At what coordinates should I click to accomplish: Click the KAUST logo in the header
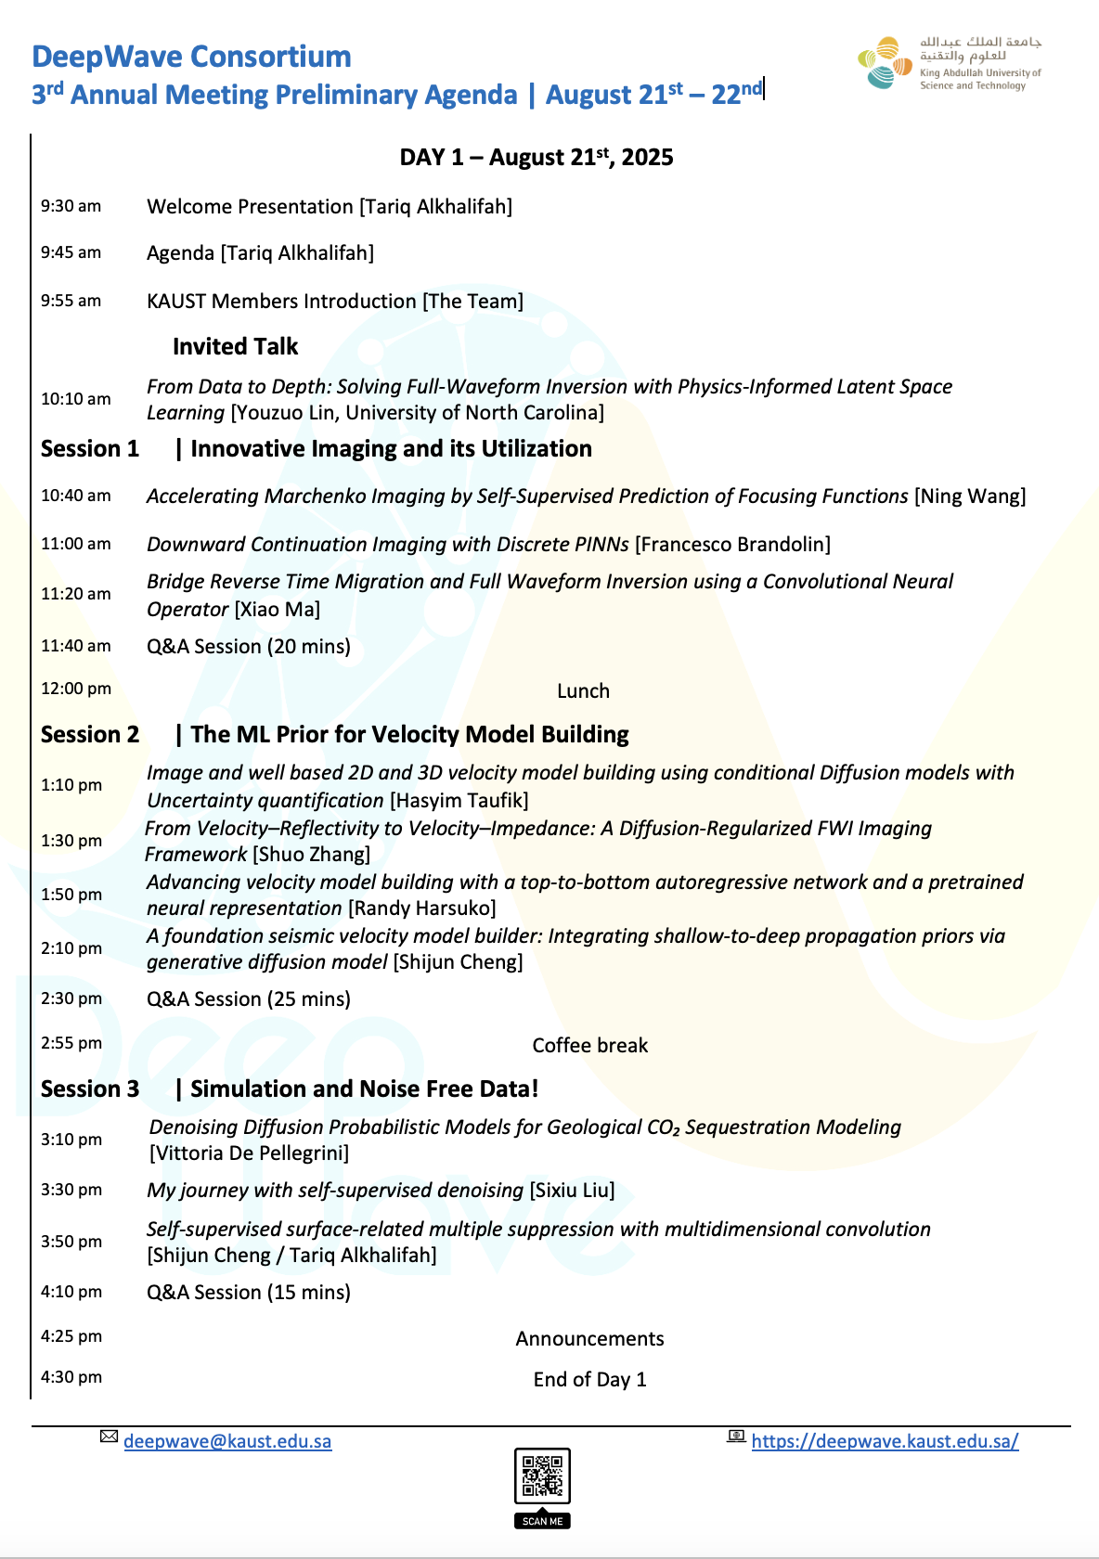[949, 63]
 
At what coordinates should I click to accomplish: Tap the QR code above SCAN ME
[542, 1475]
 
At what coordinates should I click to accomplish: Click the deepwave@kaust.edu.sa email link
[227, 1441]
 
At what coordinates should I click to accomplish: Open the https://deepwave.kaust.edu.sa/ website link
[885, 1441]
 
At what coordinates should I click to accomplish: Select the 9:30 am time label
[71, 206]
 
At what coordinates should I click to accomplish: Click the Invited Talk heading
[235, 347]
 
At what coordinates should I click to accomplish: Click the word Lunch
[583, 691]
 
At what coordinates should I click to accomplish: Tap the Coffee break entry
[589, 1046]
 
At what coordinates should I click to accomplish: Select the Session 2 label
[90, 735]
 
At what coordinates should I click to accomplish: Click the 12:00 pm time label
[75, 689]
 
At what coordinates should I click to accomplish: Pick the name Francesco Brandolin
[732, 545]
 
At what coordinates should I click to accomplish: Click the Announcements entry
[589, 1339]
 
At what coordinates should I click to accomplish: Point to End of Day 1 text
[589, 1380]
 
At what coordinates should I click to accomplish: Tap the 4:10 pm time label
[71, 1292]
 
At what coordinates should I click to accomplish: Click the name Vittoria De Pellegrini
[249, 1153]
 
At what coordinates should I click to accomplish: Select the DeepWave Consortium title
[191, 57]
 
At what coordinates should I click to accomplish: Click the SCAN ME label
[542, 1521]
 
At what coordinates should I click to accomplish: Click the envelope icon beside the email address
[110, 1437]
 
